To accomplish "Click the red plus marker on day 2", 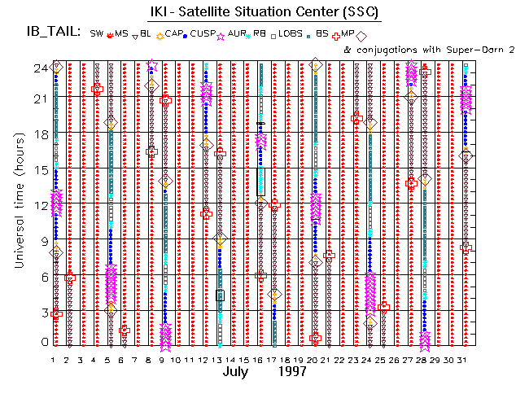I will click(70, 278).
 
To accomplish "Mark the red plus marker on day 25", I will click(384, 307).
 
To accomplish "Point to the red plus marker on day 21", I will click(329, 256).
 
